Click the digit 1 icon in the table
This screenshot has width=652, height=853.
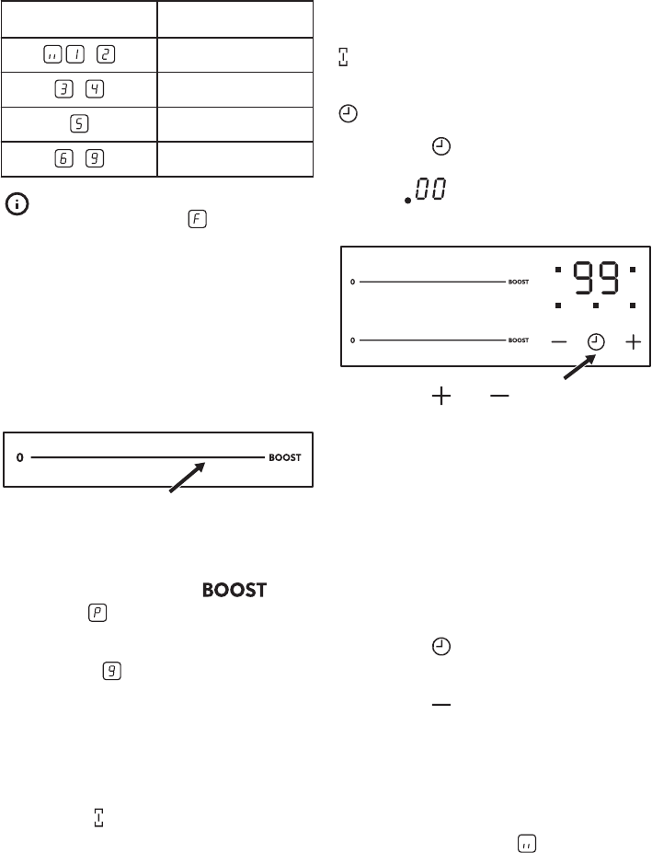pyautogui.click(x=75, y=54)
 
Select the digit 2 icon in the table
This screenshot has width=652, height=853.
pyautogui.click(x=106, y=54)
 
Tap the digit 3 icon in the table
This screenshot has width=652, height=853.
pyautogui.click(x=64, y=88)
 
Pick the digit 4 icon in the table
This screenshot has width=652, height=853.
pyautogui.click(x=95, y=88)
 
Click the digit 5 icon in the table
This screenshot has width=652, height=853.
pyautogui.click(x=79, y=123)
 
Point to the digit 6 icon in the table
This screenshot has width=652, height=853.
pyautogui.click(x=64, y=158)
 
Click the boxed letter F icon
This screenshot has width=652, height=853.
pyautogui.click(x=198, y=219)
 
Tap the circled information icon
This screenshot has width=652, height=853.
pyautogui.click(x=17, y=204)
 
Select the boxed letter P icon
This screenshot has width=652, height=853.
pyautogui.click(x=97, y=613)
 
